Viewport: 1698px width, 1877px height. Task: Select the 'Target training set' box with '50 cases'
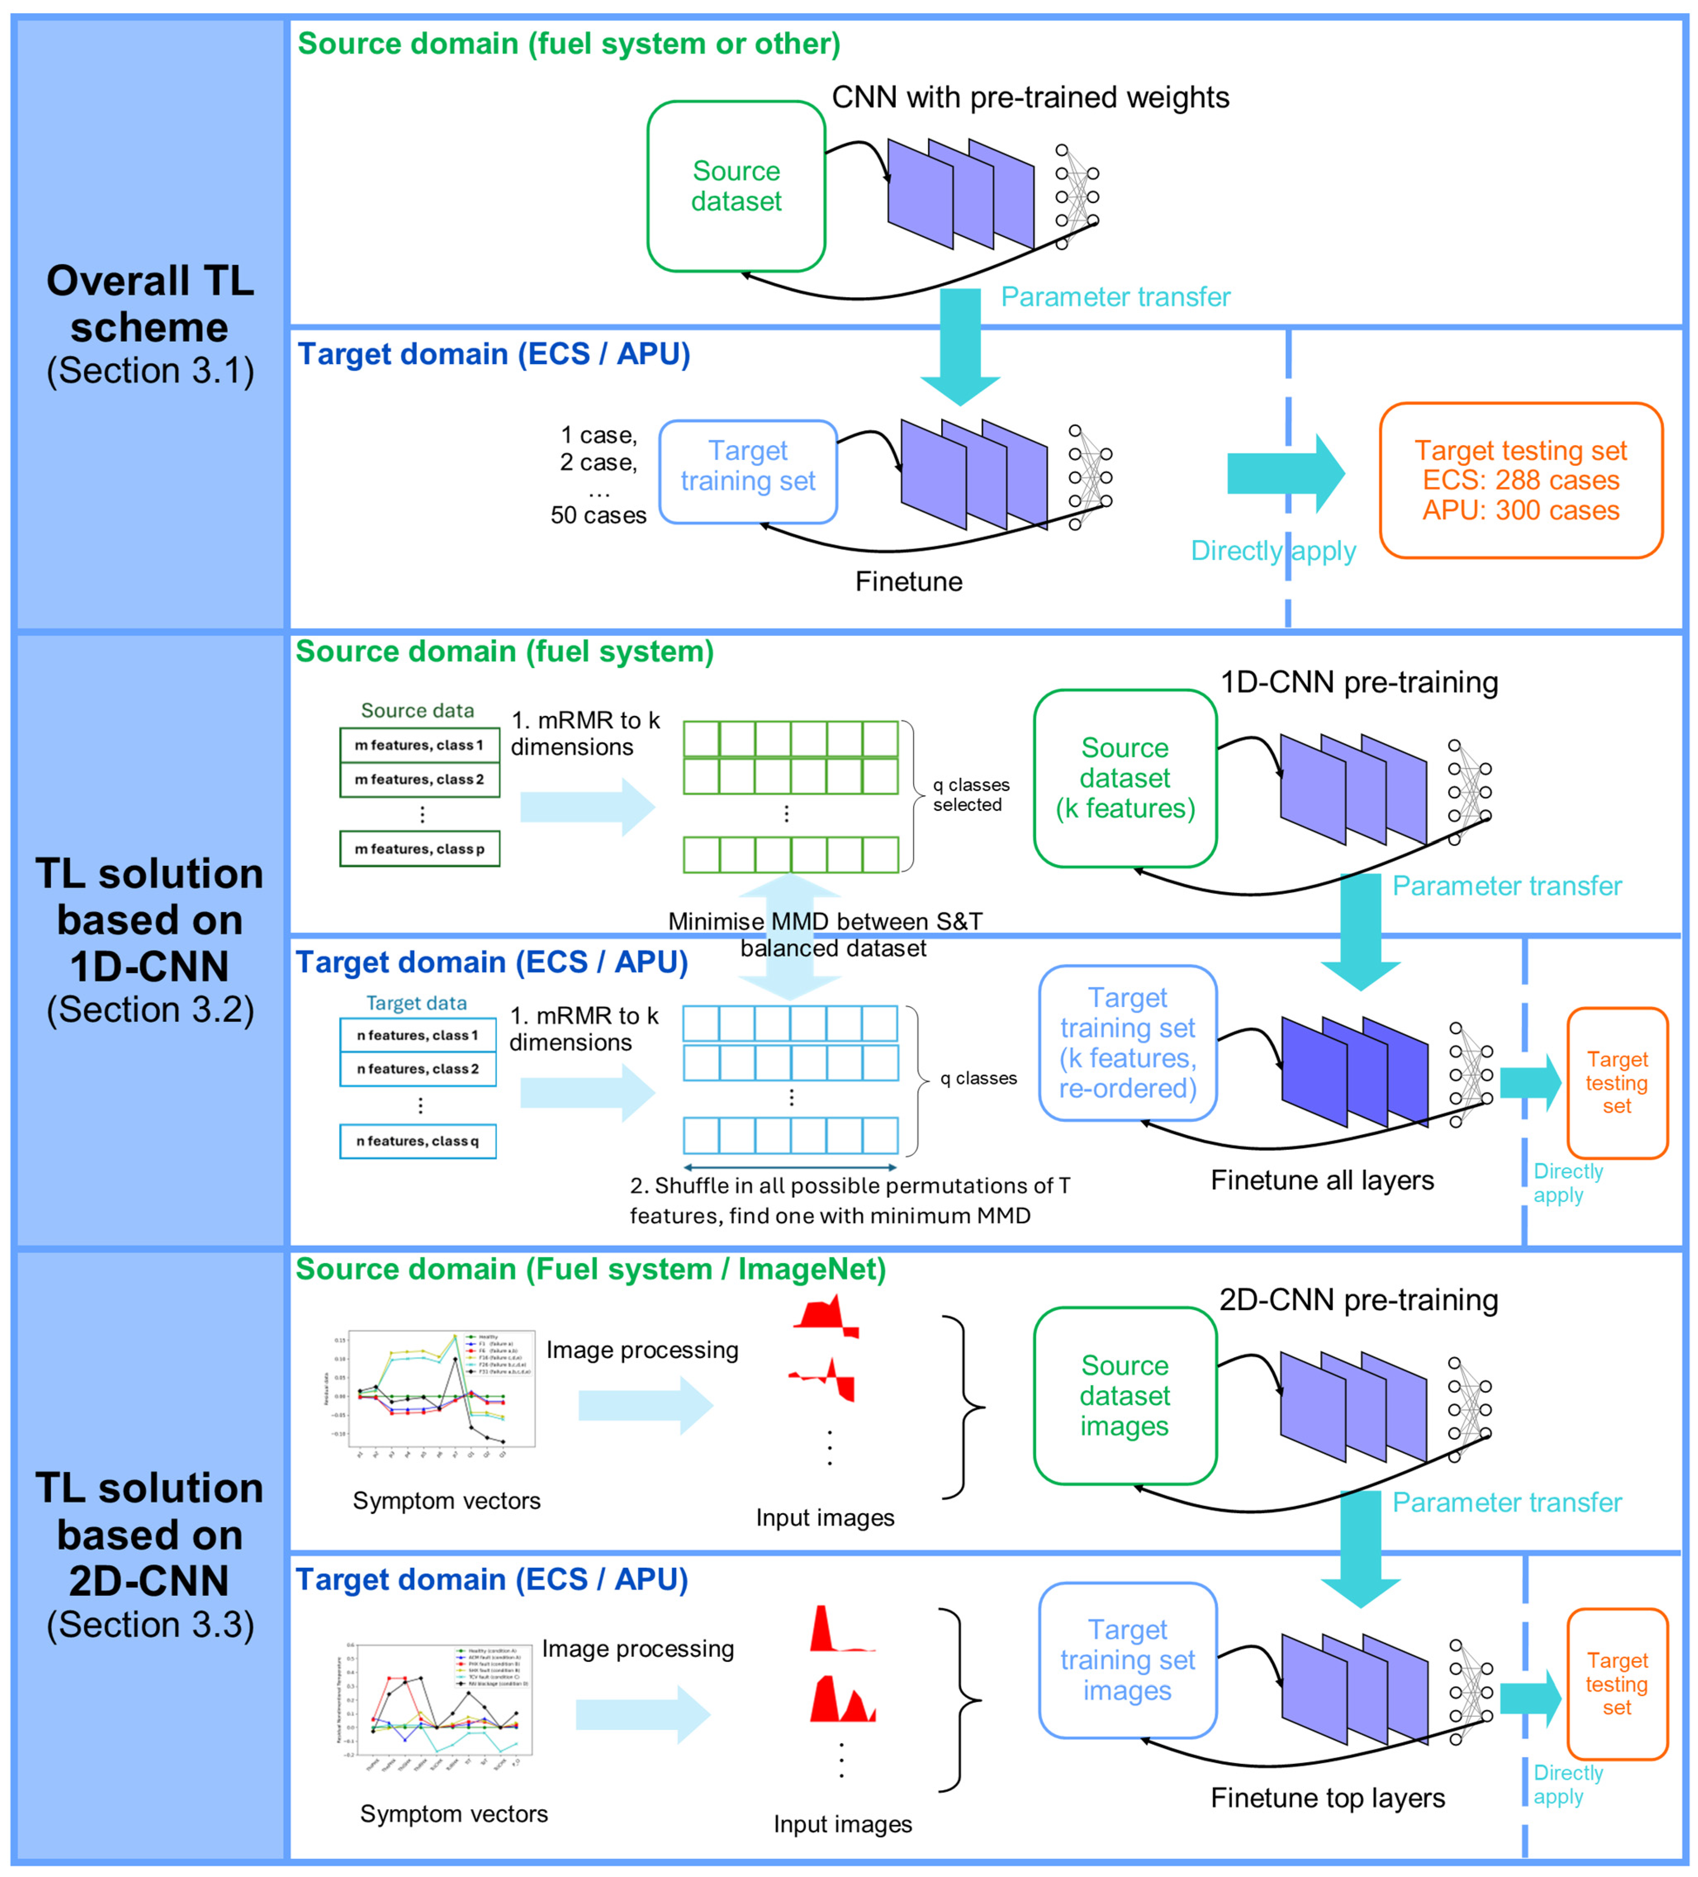pyautogui.click(x=748, y=471)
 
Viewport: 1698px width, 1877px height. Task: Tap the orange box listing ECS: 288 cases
pyautogui.click(x=1520, y=481)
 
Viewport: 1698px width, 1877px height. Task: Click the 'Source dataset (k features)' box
pyautogui.click(x=1125, y=778)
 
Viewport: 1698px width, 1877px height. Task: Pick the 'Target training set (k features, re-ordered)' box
pyautogui.click(x=1127, y=1043)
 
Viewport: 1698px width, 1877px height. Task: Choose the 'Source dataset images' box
pyautogui.click(x=1125, y=1396)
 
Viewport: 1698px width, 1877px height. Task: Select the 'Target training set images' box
pyautogui.click(x=1127, y=1660)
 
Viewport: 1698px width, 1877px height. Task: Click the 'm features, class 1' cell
pyautogui.click(x=419, y=745)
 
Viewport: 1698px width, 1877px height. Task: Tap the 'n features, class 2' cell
pyautogui.click(x=417, y=1069)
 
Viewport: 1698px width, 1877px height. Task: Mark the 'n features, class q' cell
pyautogui.click(x=417, y=1140)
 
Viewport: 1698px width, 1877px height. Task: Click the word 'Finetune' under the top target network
pyautogui.click(x=909, y=582)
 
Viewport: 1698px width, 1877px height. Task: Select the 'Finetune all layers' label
pyautogui.click(x=1322, y=1180)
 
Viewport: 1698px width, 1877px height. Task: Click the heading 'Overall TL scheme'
pyautogui.click(x=150, y=303)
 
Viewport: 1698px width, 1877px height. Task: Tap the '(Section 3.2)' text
pyautogui.click(x=150, y=1009)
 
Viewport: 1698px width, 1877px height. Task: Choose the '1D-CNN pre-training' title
pyautogui.click(x=1359, y=683)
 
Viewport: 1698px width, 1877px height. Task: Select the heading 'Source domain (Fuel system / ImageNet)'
pyautogui.click(x=590, y=1270)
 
